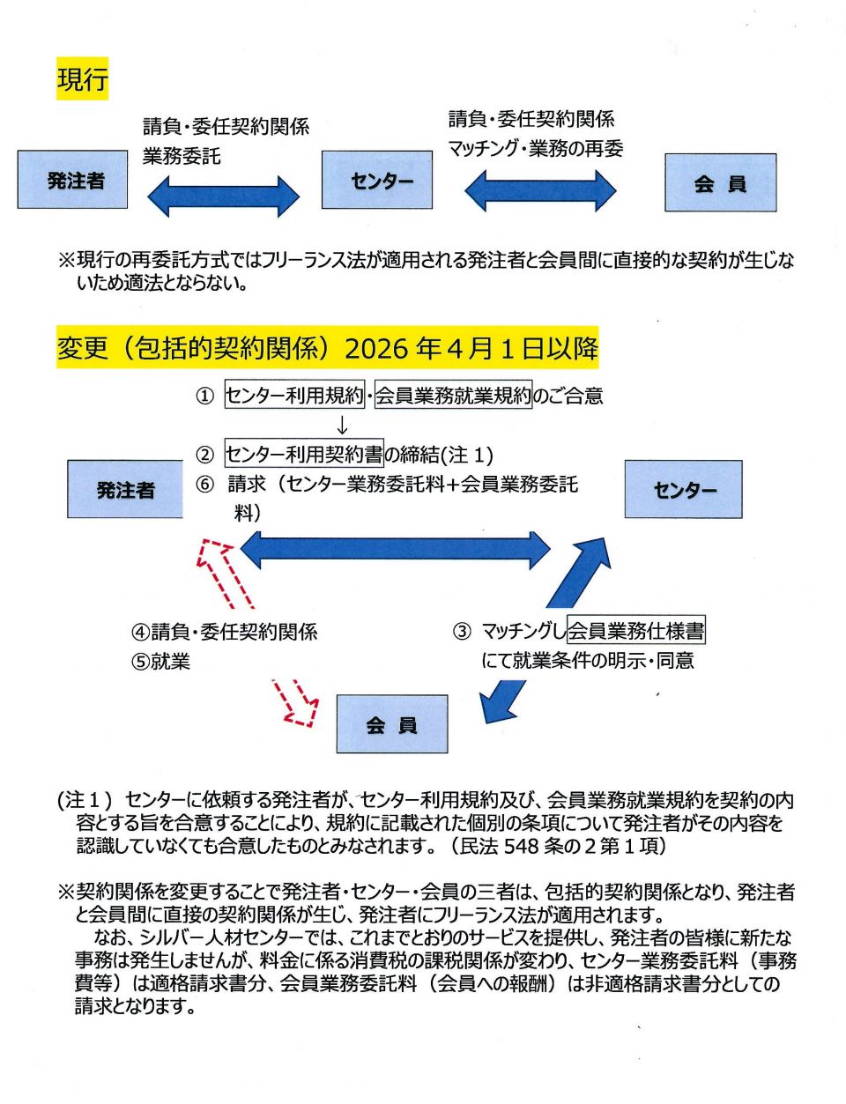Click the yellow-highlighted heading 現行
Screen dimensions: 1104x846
click(82, 78)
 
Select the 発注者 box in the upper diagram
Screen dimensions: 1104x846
click(73, 180)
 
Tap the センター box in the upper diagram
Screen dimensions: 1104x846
click(377, 180)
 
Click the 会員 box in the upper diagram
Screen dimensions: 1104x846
click(720, 182)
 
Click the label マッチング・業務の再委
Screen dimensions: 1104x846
click(535, 148)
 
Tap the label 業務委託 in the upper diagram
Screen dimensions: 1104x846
click(182, 156)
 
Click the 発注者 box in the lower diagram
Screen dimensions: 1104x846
click(125, 489)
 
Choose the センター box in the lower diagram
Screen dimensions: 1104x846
click(684, 489)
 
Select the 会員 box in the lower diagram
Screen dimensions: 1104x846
click(392, 724)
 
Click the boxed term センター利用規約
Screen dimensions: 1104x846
click(294, 396)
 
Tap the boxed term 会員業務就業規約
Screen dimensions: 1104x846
click(454, 396)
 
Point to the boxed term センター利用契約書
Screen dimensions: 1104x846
click(304, 455)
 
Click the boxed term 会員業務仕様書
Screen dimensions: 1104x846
click(636, 631)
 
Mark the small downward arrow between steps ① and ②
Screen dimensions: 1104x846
click(343, 426)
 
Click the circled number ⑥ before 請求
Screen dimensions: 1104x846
click(204, 484)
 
